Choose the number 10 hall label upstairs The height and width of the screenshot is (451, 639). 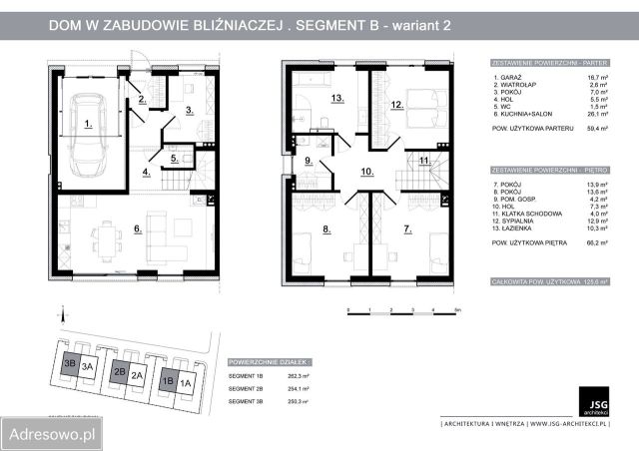[x=366, y=172]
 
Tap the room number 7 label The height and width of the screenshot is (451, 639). [x=406, y=229]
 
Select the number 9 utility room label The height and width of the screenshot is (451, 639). [x=309, y=161]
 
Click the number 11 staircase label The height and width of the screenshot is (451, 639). [x=423, y=160]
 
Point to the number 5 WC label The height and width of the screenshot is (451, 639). [x=174, y=158]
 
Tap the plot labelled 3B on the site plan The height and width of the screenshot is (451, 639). [x=70, y=365]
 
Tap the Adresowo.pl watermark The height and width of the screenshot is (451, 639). [x=52, y=435]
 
